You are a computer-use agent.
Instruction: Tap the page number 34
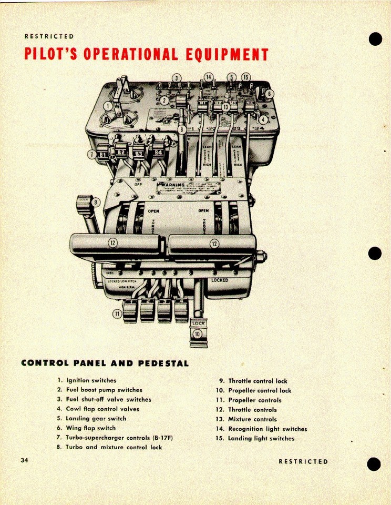24,460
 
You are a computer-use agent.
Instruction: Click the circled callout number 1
108,106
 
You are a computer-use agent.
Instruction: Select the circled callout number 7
92,155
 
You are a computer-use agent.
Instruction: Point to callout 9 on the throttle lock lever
95,201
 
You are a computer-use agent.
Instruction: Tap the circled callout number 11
116,314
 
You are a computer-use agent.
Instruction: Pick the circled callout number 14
208,77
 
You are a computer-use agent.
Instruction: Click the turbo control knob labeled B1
104,155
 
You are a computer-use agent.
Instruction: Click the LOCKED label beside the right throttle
220,280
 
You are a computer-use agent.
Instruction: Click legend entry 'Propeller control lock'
259,390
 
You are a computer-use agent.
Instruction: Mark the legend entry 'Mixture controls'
252,419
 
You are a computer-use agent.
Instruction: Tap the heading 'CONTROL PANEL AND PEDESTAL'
105,363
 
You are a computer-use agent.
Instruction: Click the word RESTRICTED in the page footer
303,461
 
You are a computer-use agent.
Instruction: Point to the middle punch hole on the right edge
374,253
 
